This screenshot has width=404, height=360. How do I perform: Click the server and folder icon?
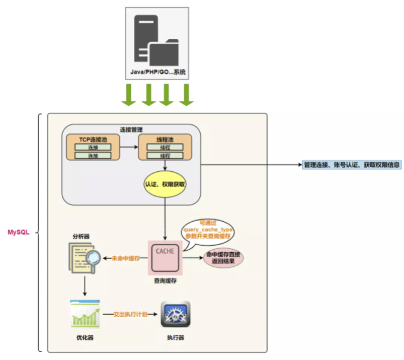[156, 40]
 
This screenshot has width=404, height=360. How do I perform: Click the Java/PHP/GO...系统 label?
[157, 72]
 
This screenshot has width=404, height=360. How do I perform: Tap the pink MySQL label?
[19, 232]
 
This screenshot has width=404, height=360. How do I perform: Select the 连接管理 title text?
[131, 129]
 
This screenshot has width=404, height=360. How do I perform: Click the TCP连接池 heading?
[93, 139]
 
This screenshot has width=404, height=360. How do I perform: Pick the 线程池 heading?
[165, 139]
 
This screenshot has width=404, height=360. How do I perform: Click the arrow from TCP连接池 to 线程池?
[129, 147]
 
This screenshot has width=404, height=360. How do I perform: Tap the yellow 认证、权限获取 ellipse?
[165, 184]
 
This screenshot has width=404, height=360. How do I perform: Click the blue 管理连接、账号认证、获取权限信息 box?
[352, 165]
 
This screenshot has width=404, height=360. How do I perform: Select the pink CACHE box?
[165, 258]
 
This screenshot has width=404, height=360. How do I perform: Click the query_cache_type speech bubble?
[208, 231]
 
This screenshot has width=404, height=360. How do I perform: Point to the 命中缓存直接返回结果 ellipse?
[223, 258]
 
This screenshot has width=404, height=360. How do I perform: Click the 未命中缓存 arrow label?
[126, 258]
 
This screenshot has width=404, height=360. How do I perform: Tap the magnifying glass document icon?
[85, 258]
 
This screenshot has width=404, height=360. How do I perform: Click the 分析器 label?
[81, 237]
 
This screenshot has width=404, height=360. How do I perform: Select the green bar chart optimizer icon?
[85, 314]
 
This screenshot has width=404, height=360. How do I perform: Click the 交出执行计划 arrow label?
[130, 314]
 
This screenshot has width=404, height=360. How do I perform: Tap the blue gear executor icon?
[176, 314]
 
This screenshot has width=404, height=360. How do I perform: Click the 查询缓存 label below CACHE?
[165, 281]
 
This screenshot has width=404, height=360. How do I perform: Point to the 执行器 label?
[176, 337]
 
